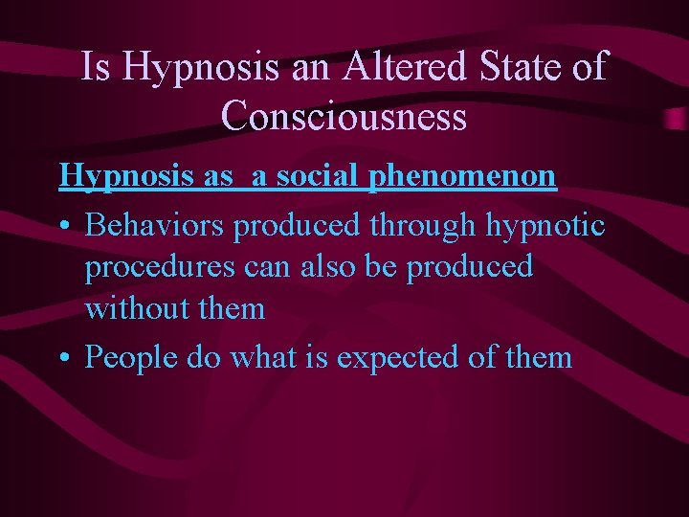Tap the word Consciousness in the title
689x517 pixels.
(344, 116)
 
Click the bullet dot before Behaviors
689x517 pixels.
(65, 227)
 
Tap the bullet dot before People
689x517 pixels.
(65, 359)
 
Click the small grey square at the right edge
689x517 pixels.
(678, 118)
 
